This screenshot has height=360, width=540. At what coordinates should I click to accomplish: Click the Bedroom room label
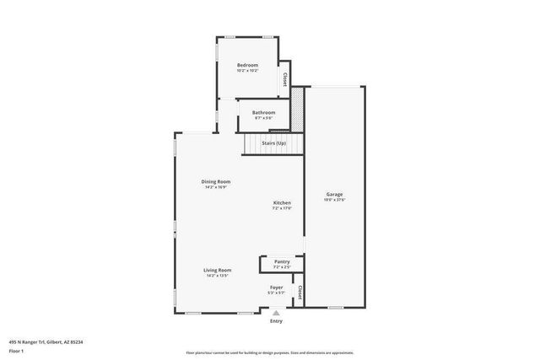point(247,66)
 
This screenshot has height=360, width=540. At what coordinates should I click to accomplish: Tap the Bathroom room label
point(264,112)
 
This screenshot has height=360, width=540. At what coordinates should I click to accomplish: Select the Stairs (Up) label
point(273,144)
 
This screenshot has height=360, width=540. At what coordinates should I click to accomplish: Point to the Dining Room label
point(216,181)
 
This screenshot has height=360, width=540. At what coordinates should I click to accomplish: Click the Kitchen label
point(282,203)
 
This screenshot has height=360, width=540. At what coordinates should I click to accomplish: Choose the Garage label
point(335,195)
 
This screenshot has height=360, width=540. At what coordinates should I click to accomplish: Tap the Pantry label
point(282,262)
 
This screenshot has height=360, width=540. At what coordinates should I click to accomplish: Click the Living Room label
point(218,270)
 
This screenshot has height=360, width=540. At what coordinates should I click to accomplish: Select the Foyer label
point(276,287)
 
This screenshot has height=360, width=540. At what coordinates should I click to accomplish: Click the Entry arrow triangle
point(276,312)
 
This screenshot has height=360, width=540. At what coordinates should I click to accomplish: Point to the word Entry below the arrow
point(276,321)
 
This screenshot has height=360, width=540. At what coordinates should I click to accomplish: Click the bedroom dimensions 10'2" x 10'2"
point(247,71)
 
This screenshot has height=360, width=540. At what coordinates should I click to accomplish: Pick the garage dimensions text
point(335,201)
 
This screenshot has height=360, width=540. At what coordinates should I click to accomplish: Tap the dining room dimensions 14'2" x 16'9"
point(216,187)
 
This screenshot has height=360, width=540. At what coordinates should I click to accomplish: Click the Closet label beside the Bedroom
point(285,79)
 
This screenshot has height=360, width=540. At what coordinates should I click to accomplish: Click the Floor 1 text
point(16,350)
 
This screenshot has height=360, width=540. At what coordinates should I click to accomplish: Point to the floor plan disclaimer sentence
point(269,353)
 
